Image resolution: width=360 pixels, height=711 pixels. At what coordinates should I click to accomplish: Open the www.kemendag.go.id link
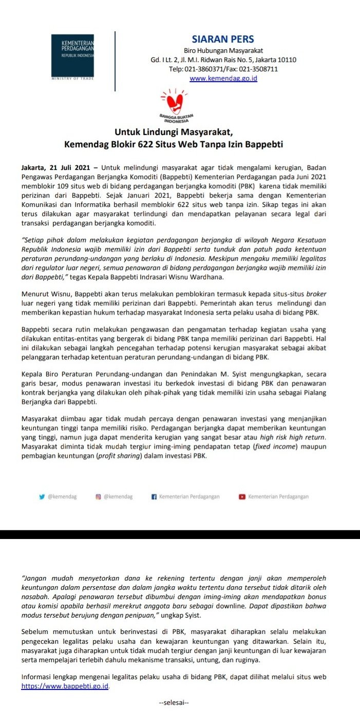coord(223,79)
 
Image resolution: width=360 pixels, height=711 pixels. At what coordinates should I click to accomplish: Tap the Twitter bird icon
coord(42,496)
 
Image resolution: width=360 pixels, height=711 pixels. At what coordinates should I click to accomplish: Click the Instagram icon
coord(98,496)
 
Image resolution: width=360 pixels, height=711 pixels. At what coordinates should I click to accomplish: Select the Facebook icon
coord(154,496)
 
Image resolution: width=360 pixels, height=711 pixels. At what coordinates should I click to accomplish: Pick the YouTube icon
coord(241,496)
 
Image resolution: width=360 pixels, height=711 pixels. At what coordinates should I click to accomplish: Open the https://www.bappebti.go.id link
coord(65,686)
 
